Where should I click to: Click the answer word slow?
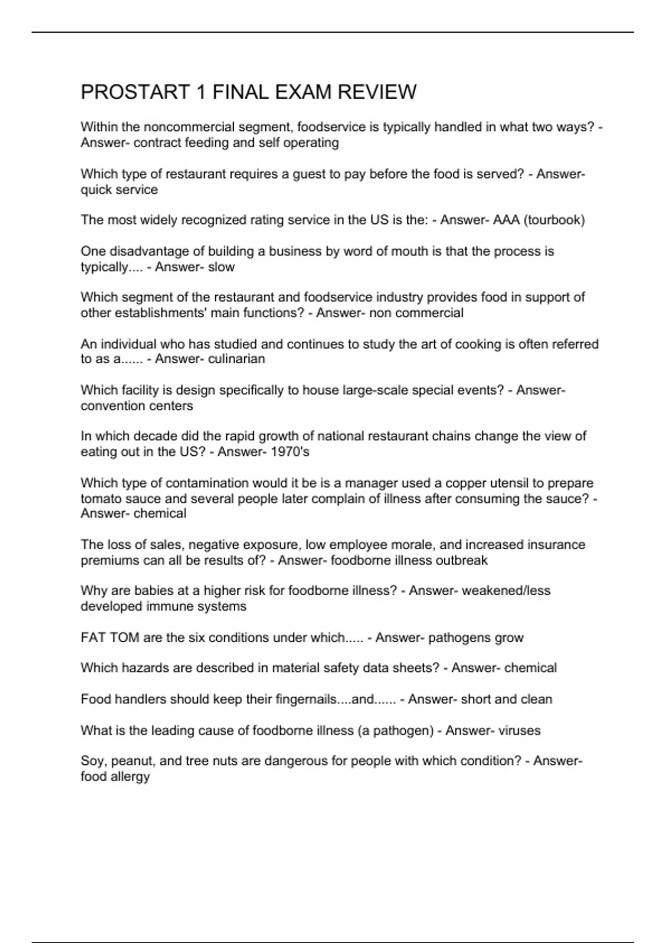(221, 267)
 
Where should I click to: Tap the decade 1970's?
(290, 452)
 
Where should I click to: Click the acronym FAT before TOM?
(93, 638)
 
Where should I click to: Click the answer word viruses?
(519, 731)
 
